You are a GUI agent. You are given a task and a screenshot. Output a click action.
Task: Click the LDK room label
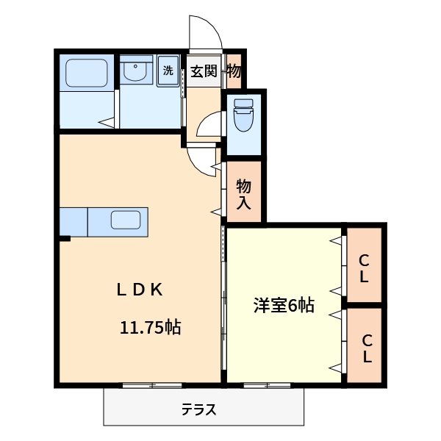point(140,290)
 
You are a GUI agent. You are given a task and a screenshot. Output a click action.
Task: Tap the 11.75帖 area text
point(151,328)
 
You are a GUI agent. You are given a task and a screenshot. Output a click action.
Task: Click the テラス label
point(198,410)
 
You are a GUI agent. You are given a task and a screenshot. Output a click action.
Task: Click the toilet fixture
point(243,115)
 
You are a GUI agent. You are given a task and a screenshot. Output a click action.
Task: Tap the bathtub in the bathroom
point(87,73)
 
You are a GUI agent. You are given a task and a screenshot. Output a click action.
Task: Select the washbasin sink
point(135,72)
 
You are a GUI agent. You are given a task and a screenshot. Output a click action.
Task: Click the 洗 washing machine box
point(168,72)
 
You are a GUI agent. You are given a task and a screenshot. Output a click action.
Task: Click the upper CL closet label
point(364,268)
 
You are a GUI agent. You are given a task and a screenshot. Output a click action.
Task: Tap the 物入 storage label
point(243,196)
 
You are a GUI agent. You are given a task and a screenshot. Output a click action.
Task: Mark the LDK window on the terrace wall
point(151,385)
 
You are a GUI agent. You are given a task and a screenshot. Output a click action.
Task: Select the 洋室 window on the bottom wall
point(267,385)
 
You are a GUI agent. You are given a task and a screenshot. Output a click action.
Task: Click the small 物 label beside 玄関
point(234,71)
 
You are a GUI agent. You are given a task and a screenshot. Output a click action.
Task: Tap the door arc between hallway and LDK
point(201,157)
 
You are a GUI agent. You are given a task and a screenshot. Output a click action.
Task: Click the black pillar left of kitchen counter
point(65,237)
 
